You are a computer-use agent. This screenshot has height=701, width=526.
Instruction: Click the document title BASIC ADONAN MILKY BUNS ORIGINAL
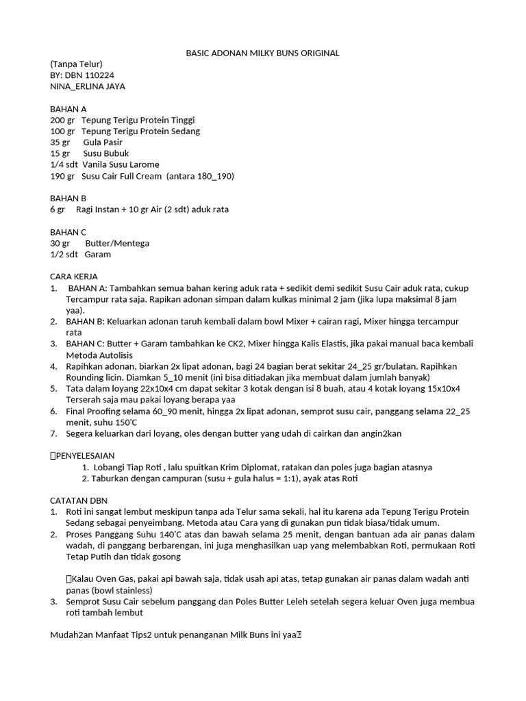coord(263,53)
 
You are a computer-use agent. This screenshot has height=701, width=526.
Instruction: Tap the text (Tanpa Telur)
coord(76,64)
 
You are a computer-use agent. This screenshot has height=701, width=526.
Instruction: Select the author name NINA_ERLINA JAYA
coord(88,86)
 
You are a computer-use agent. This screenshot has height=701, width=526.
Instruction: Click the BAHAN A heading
coord(68,109)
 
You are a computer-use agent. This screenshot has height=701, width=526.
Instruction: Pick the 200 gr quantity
coord(62,120)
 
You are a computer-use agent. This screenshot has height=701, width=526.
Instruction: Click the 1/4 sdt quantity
coord(64,164)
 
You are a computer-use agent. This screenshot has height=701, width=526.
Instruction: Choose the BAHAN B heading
coord(68,199)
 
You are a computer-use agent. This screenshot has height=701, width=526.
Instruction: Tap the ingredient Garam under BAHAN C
coord(97,254)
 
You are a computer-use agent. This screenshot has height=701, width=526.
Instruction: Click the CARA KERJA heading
coord(75,276)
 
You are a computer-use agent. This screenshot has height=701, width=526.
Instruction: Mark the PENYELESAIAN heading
coord(85,455)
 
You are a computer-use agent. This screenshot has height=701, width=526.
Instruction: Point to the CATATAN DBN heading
coord(79,500)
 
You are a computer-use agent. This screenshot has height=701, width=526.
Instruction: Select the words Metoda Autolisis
coord(99,355)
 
